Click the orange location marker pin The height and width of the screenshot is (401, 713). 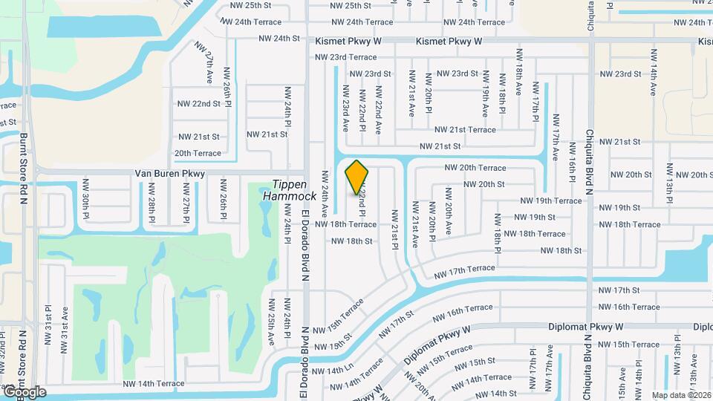(x=357, y=177)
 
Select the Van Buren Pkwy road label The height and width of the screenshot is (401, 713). (x=169, y=173)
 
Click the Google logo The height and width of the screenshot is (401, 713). (x=25, y=391)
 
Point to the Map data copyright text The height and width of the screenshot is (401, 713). (x=680, y=394)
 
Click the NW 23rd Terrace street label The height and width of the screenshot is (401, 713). (x=345, y=57)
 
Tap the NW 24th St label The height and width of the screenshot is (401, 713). (x=279, y=38)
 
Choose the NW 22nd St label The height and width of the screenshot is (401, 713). (x=199, y=103)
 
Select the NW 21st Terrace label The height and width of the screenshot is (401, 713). (x=465, y=130)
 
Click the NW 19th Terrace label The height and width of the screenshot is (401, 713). (x=550, y=200)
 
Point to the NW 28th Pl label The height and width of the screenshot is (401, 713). (x=151, y=209)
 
